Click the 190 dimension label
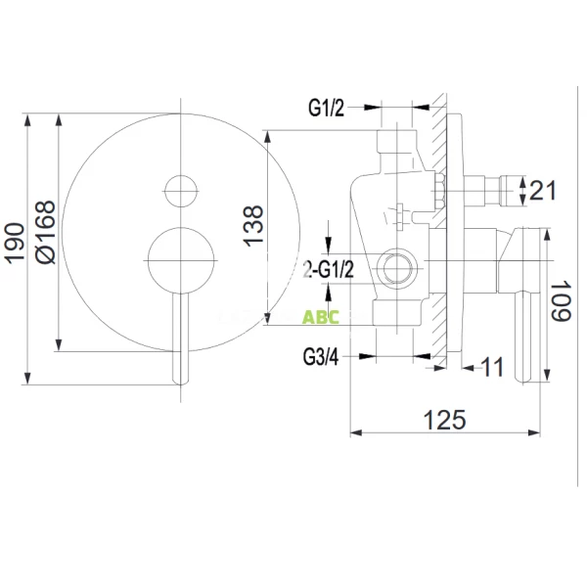tap(15, 244)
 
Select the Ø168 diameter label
tap(45, 232)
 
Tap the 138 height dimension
tap(253, 226)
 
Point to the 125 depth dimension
tap(445, 420)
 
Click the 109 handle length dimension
tap(561, 300)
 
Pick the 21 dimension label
tap(543, 190)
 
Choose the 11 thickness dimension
tap(492, 367)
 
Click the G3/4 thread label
tap(321, 357)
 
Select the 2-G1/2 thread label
tap(329, 269)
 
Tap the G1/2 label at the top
tap(326, 109)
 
